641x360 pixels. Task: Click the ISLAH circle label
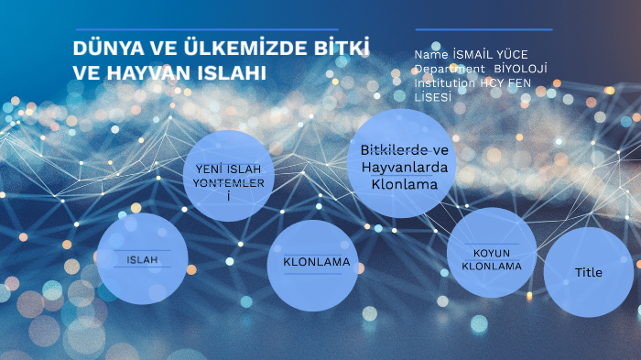pos(142,260)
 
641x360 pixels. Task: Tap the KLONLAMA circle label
pos(317,262)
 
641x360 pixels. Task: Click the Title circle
pos(589,272)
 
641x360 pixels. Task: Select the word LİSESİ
pos(434,96)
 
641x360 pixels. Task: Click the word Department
pos(449,69)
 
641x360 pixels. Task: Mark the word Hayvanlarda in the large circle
pos(404,168)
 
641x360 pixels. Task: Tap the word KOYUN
pos(491,253)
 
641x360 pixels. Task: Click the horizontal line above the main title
pos(206,29)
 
